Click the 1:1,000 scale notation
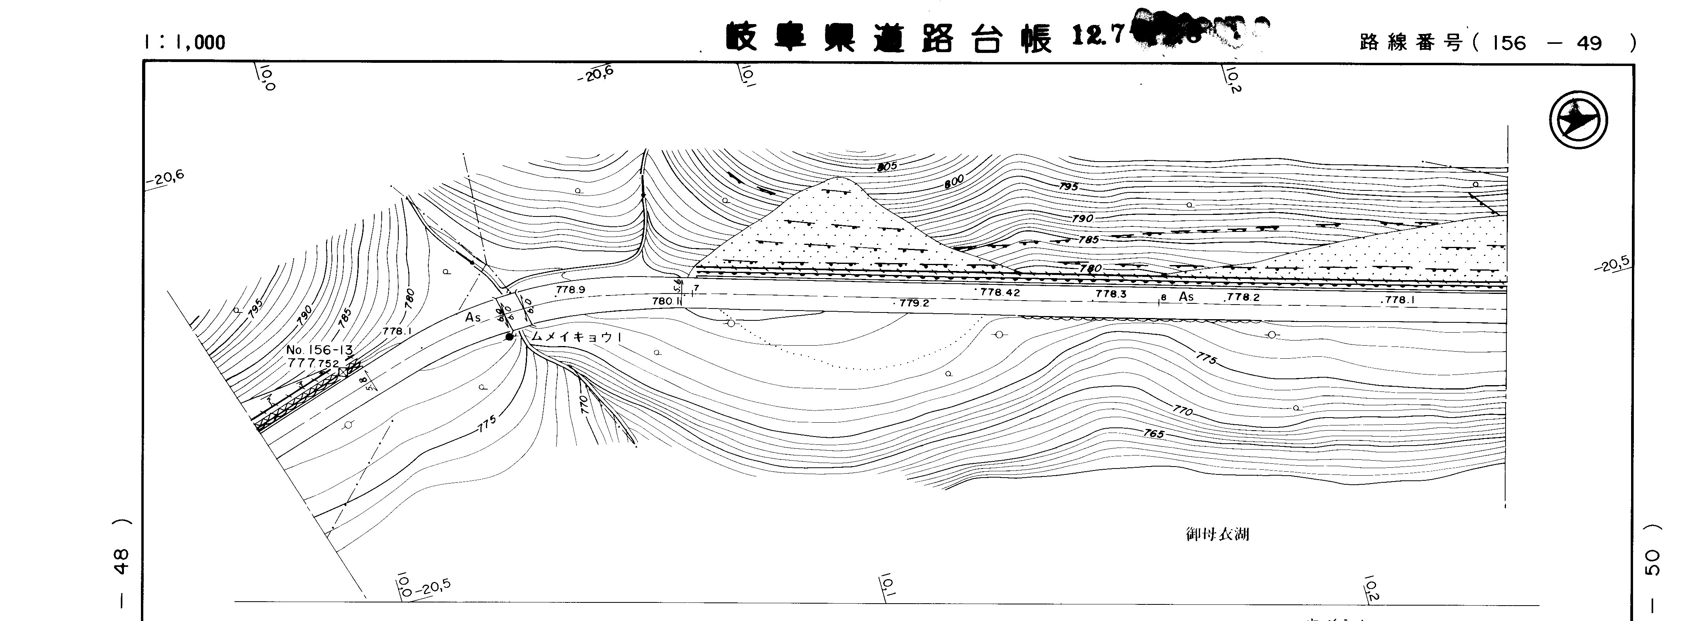[184, 43]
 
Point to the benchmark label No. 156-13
[319, 350]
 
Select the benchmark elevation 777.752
[313, 363]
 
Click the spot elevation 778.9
[570, 290]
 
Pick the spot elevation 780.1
[666, 301]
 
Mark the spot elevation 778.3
[1111, 294]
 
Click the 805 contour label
[887, 167]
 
